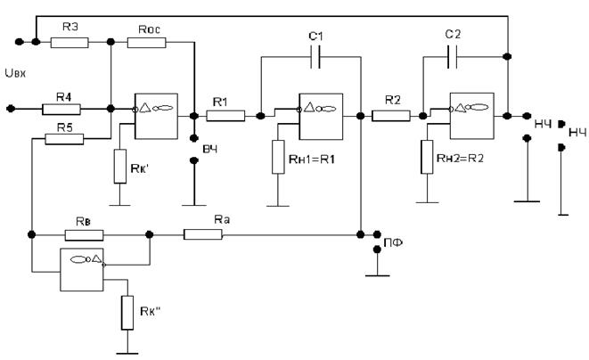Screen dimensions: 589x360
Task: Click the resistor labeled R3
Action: (x=70, y=43)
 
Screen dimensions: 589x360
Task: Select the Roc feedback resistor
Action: (x=146, y=43)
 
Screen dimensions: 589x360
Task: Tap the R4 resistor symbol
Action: (x=61, y=110)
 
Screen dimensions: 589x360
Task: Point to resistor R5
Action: (x=64, y=139)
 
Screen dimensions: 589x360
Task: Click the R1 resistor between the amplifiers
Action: (x=225, y=116)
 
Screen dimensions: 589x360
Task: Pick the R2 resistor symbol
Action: (x=391, y=116)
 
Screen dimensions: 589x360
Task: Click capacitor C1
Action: (x=315, y=57)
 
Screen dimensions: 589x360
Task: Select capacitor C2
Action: (x=453, y=57)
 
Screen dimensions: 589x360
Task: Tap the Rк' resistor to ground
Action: (x=120, y=166)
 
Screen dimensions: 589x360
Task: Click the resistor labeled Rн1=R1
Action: (x=278, y=157)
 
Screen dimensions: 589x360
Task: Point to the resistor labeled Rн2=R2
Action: (x=427, y=157)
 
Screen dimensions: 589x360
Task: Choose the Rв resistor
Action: (x=84, y=235)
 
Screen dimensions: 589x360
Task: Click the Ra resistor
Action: (x=203, y=235)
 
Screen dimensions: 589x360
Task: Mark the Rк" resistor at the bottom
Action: (x=127, y=313)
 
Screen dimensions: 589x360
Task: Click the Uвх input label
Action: (x=15, y=73)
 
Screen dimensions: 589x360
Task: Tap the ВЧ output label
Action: (x=210, y=149)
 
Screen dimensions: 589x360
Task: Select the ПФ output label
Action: (x=393, y=242)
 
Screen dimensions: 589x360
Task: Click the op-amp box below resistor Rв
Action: (x=82, y=269)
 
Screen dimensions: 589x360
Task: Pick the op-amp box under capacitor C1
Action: (x=321, y=117)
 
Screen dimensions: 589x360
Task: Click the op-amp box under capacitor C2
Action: (x=472, y=116)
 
